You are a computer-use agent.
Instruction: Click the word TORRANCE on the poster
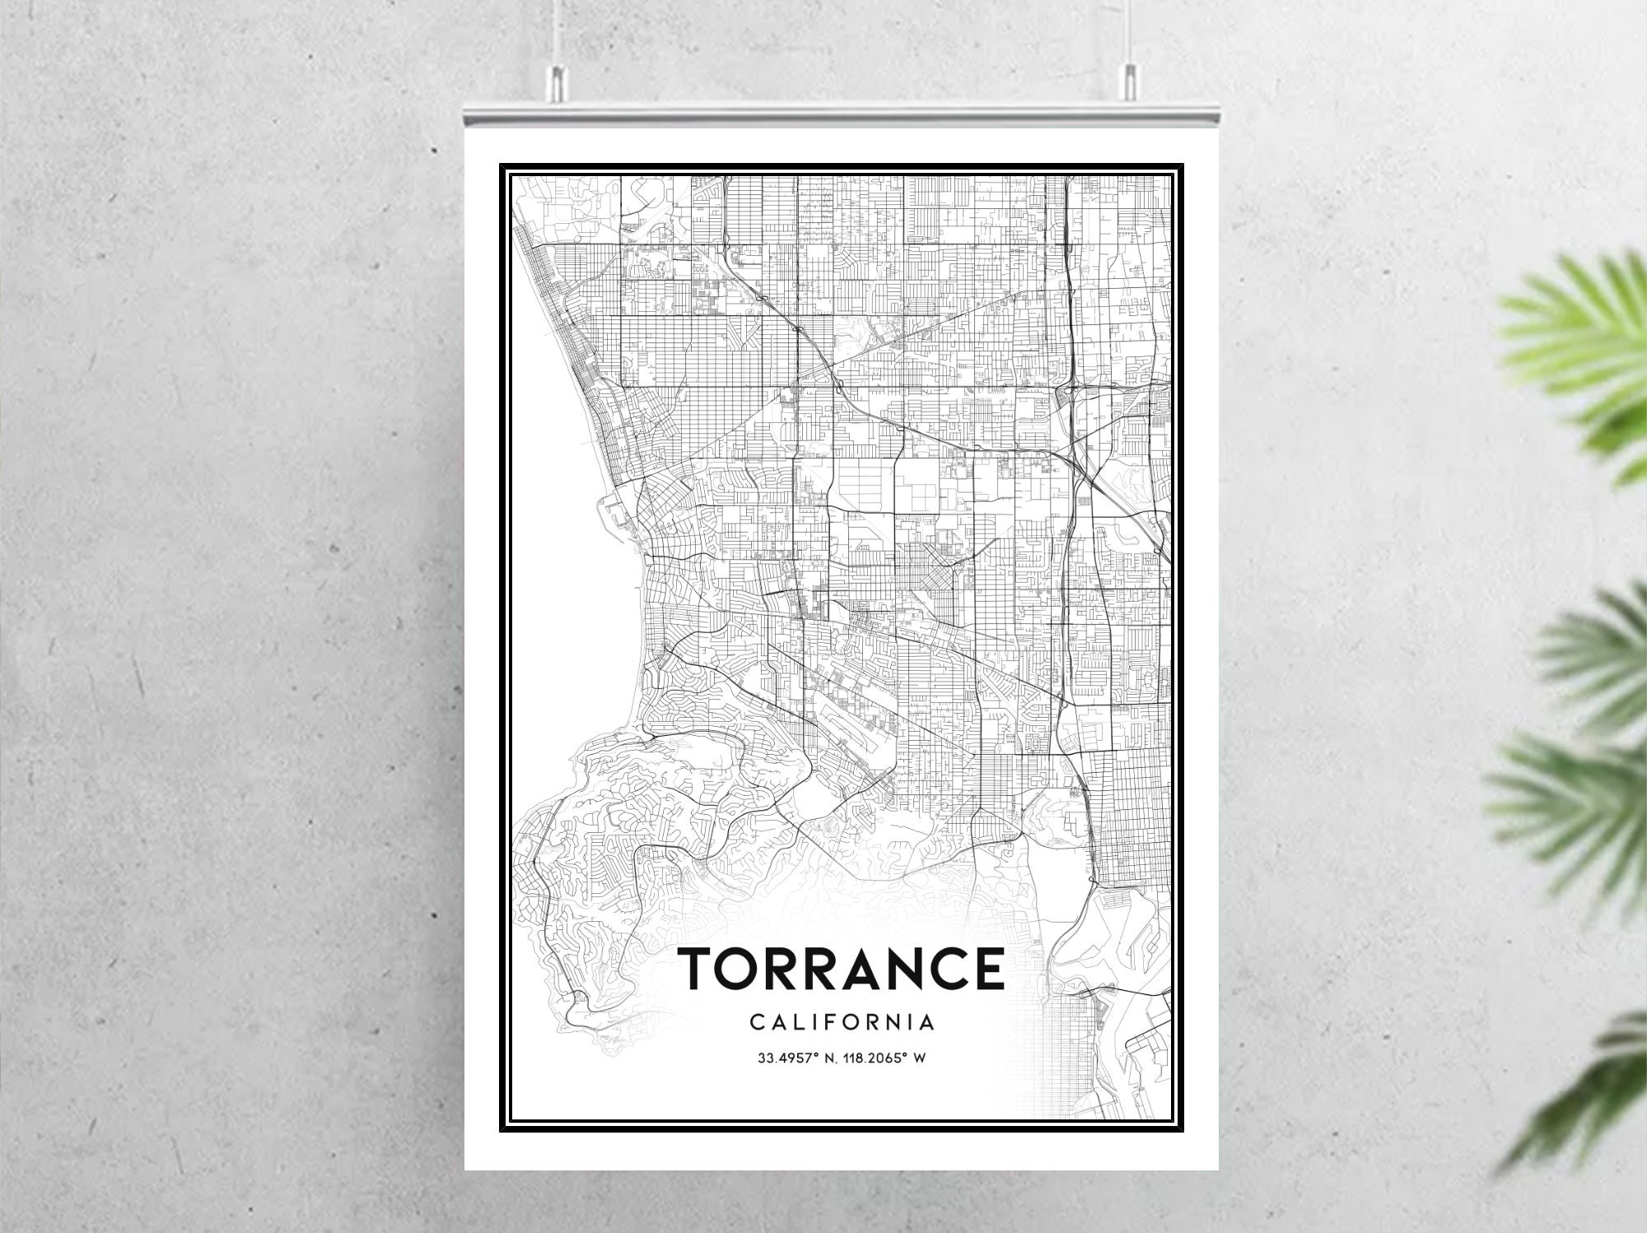coord(840,968)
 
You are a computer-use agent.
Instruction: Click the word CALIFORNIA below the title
coord(842,1022)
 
